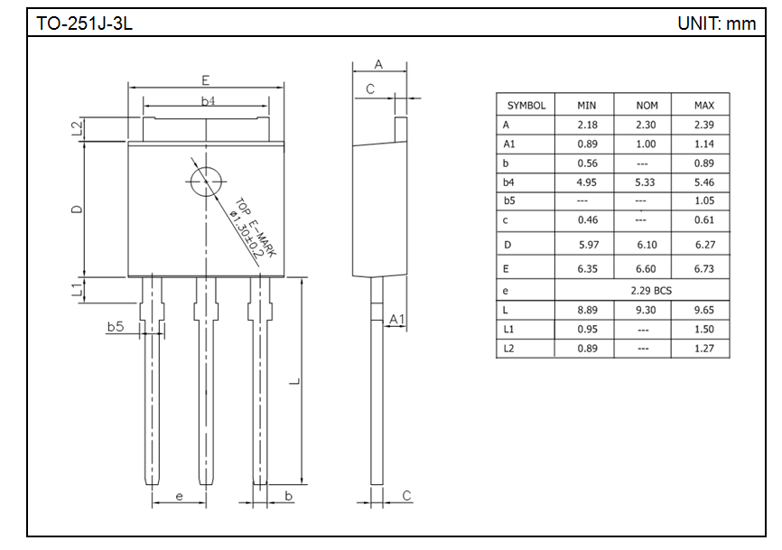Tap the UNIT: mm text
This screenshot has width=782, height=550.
click(716, 23)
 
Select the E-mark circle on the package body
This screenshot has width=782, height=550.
click(207, 181)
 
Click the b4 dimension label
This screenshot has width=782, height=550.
click(208, 100)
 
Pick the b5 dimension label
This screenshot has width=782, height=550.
click(115, 327)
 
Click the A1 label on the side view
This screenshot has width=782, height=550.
click(396, 320)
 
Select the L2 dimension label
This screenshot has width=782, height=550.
click(78, 128)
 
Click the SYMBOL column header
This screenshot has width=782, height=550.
click(526, 106)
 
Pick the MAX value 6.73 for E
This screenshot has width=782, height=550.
click(703, 269)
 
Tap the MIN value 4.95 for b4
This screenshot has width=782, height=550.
click(587, 182)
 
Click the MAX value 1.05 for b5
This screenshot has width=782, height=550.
click(703, 200)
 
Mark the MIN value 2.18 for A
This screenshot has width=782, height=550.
click(587, 126)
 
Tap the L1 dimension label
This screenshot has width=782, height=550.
click(78, 290)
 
